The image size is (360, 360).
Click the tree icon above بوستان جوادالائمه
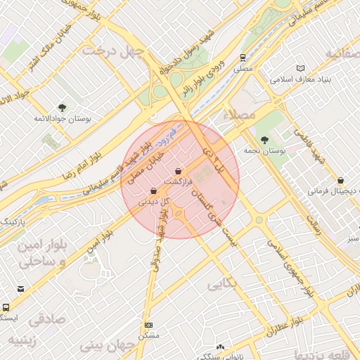point(63,108)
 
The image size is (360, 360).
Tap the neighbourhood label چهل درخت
point(112,51)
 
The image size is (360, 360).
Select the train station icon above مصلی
point(242,58)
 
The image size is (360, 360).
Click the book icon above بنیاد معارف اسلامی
point(302,67)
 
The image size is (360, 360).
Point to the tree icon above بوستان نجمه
point(264,140)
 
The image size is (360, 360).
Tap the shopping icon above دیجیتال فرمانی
point(341,181)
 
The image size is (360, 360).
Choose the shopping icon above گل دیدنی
point(153,191)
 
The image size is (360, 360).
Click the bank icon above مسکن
point(148,325)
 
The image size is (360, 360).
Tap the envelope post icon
point(20,289)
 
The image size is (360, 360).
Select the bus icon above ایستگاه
point(6,307)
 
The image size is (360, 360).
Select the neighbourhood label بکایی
point(224,283)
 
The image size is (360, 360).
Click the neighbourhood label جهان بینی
point(106,346)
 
